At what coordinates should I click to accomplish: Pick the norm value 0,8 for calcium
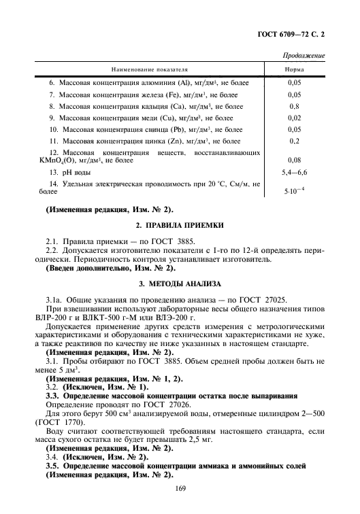click(x=294, y=106)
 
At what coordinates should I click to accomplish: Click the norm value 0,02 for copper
click(x=294, y=118)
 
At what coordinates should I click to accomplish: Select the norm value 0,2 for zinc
click(x=294, y=141)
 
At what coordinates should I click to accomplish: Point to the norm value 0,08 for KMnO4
click(x=294, y=160)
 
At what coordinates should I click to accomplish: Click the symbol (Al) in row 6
click(x=165, y=83)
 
